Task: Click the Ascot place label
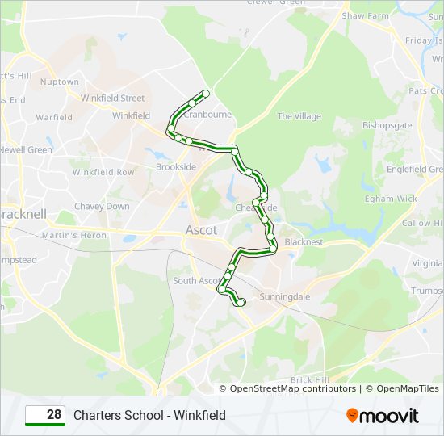tap(201, 230)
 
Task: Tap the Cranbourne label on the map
tap(208, 115)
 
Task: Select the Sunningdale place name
tap(284, 297)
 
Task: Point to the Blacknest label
tap(304, 241)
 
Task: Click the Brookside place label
tap(176, 167)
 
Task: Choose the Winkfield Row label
tap(103, 172)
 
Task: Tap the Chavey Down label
tap(102, 206)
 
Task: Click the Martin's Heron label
tap(74, 235)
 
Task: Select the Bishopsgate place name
tap(387, 126)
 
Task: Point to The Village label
tap(299, 116)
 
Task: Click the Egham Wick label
tap(391, 199)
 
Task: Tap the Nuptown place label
tap(60, 82)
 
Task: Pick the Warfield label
tap(54, 117)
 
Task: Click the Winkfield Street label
tap(112, 99)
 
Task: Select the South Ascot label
tap(196, 281)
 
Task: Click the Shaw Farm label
tap(365, 15)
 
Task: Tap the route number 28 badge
tap(45, 415)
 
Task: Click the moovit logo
tap(383, 416)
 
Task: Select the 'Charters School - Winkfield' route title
tap(149, 416)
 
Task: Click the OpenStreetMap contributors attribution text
tap(293, 388)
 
